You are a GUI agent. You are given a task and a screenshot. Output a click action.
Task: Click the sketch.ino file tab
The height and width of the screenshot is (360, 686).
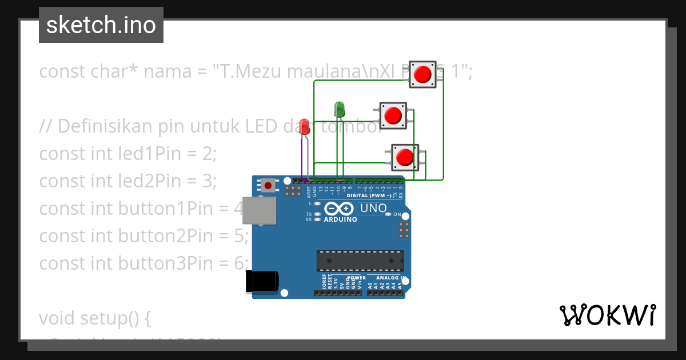point(101,25)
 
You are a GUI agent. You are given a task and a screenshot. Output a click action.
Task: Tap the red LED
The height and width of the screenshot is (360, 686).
point(305,126)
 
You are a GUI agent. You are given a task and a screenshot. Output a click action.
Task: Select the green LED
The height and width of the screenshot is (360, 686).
point(339,109)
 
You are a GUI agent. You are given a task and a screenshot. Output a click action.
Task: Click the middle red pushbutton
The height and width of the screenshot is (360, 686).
point(393,115)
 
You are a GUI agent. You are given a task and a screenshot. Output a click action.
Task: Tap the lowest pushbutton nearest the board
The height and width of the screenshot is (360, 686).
point(405,157)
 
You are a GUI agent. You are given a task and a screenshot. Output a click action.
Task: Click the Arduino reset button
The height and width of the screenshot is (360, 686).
point(267,185)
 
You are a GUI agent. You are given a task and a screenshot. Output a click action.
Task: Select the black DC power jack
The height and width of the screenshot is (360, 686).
point(261,281)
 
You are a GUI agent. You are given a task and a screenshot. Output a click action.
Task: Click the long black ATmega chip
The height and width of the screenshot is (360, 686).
point(360,261)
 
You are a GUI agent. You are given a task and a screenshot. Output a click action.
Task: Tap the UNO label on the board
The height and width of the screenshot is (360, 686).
point(373,209)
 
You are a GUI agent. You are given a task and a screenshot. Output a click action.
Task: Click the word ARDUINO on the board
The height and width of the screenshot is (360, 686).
point(340,219)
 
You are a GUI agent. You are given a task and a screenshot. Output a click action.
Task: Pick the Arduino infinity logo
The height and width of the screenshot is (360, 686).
point(340,209)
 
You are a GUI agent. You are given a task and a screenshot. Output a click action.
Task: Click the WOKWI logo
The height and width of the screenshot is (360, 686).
point(607,315)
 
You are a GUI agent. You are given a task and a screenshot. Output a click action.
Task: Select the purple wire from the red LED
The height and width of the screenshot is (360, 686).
point(302,157)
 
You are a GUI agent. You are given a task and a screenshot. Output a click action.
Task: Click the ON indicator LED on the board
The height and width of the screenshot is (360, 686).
point(388,214)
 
